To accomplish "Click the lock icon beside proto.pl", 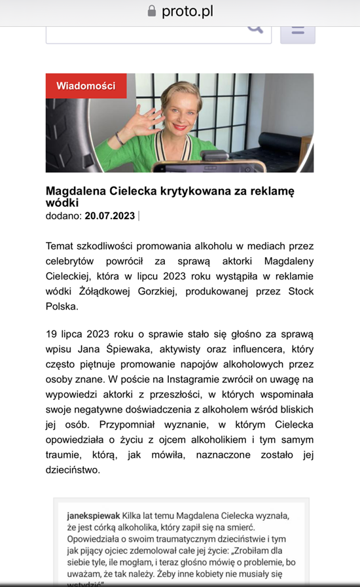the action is (x=153, y=11).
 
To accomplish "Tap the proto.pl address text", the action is (x=187, y=11).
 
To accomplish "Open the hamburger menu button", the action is (x=298, y=30).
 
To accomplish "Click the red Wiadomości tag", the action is (x=86, y=86).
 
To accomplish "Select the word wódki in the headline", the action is (x=62, y=203).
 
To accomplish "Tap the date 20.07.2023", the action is (x=109, y=215).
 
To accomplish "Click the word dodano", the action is (x=63, y=215).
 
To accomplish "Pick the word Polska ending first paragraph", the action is (x=62, y=306).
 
